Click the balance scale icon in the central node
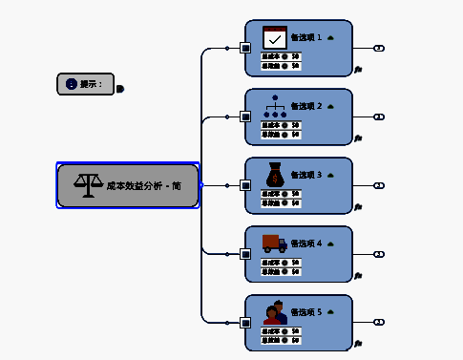pyautogui.click(x=89, y=185)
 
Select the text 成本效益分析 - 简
pyautogui.click(x=143, y=186)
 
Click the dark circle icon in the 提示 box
pyautogui.click(x=71, y=84)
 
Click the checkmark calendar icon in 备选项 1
pyautogui.click(x=275, y=37)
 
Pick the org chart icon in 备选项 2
pyautogui.click(x=275, y=106)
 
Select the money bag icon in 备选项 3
pyautogui.click(x=275, y=175)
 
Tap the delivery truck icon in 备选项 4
pyautogui.click(x=275, y=243)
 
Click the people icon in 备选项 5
pyautogui.click(x=275, y=312)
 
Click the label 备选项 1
pyautogui.click(x=306, y=38)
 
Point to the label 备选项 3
pyautogui.click(x=306, y=176)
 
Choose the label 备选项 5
pyautogui.click(x=306, y=312)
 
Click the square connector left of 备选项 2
pyautogui.click(x=245, y=116)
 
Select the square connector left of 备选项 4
pyautogui.click(x=245, y=254)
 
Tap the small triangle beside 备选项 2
pyautogui.click(x=330, y=106)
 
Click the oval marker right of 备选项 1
pyautogui.click(x=379, y=48)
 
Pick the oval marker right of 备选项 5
pyautogui.click(x=379, y=323)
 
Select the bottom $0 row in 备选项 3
pyautogui.click(x=281, y=202)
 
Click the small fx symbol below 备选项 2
pyautogui.click(x=357, y=138)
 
